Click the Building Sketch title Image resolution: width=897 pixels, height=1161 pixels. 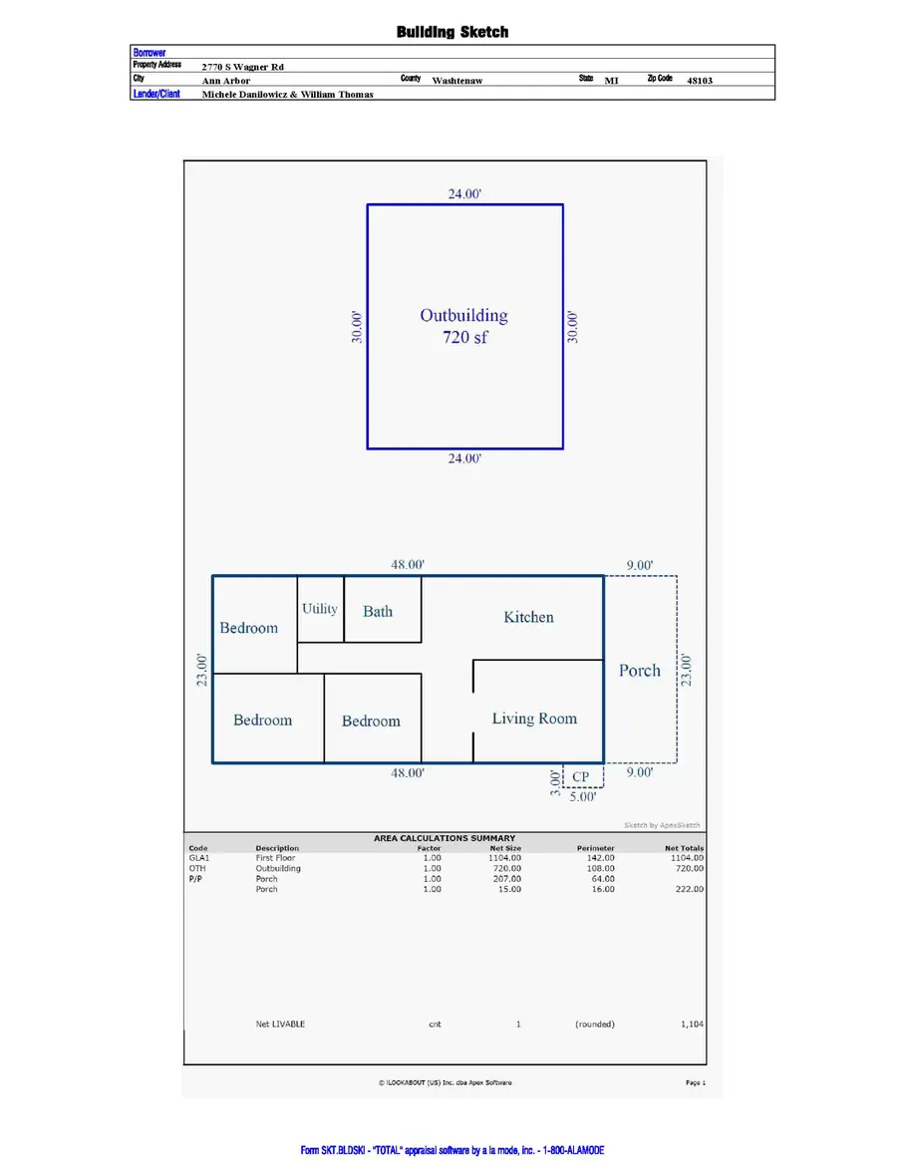(x=452, y=32)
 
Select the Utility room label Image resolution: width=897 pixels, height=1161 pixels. (x=320, y=609)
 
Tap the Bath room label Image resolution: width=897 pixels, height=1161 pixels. (x=378, y=612)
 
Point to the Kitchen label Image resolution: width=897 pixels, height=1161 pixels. (x=528, y=617)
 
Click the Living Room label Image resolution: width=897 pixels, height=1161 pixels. (x=534, y=719)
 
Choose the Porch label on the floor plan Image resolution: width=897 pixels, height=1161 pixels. (x=640, y=671)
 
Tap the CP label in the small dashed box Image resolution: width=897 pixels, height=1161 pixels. (x=580, y=776)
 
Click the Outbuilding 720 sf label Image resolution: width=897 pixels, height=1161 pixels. (x=464, y=326)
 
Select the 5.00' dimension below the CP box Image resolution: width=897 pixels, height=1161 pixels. (x=582, y=797)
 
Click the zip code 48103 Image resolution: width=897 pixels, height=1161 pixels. (x=700, y=81)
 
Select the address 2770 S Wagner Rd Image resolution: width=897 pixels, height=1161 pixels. (x=243, y=67)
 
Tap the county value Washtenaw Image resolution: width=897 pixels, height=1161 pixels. (x=457, y=81)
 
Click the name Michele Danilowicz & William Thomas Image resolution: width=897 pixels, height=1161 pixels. (x=288, y=95)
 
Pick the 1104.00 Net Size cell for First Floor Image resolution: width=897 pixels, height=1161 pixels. (x=505, y=858)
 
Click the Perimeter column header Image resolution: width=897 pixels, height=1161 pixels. (x=596, y=848)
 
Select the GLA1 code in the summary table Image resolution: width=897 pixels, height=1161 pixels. (x=199, y=858)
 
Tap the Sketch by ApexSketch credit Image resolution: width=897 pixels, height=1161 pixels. (x=662, y=825)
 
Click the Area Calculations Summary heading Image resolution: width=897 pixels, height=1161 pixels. (x=445, y=838)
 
